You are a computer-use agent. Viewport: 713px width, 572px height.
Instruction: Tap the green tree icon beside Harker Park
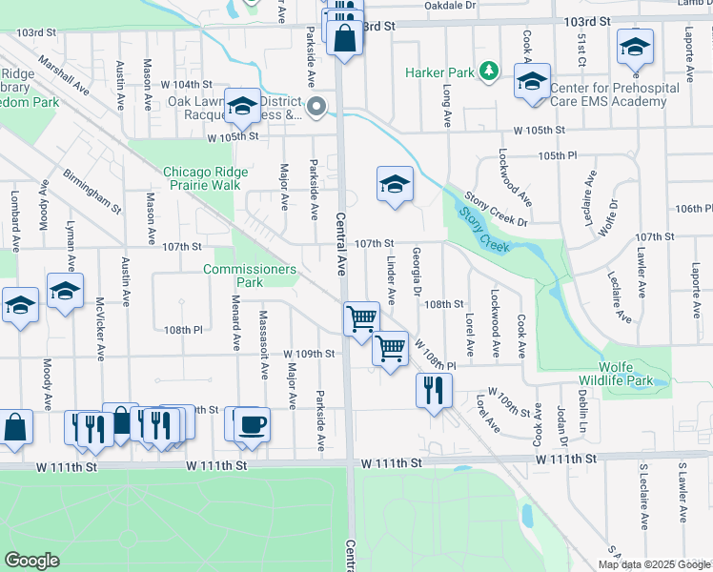488,71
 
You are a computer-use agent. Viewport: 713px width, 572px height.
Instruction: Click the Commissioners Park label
250,276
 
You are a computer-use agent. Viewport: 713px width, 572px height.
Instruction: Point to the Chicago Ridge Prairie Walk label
205,178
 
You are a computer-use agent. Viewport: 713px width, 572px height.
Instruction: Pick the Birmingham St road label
92,192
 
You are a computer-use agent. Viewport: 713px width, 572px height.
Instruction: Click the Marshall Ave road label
63,77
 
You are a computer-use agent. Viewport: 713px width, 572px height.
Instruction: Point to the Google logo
31,561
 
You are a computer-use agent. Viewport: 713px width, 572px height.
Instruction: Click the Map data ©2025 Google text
654,564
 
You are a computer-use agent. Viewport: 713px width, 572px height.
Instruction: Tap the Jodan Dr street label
562,425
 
